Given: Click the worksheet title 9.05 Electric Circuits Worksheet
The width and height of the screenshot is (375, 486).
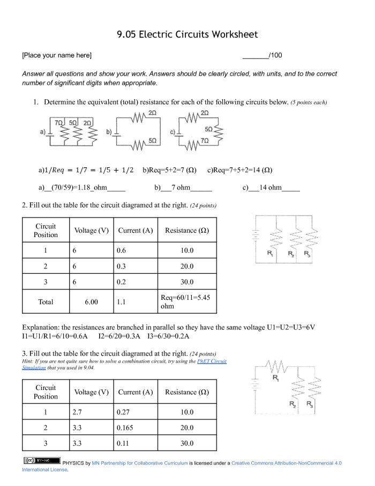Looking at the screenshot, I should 187,35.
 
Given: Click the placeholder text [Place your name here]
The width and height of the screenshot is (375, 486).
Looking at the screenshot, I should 56,55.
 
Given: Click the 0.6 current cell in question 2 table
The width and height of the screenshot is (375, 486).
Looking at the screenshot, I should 123,251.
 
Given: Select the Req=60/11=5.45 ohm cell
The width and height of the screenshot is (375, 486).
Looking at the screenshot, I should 186,301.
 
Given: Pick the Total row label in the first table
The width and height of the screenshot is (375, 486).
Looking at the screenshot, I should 46,302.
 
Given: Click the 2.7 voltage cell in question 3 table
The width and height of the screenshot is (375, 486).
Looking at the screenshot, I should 77,412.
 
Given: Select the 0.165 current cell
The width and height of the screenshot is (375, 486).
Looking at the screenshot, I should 125,428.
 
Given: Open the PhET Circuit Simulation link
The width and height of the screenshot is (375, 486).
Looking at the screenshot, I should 212,362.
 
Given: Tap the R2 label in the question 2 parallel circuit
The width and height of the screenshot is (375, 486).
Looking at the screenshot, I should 290,253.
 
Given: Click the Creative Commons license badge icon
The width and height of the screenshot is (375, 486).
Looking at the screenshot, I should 34,460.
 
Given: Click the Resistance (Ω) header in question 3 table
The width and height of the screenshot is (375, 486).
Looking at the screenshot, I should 186,392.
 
